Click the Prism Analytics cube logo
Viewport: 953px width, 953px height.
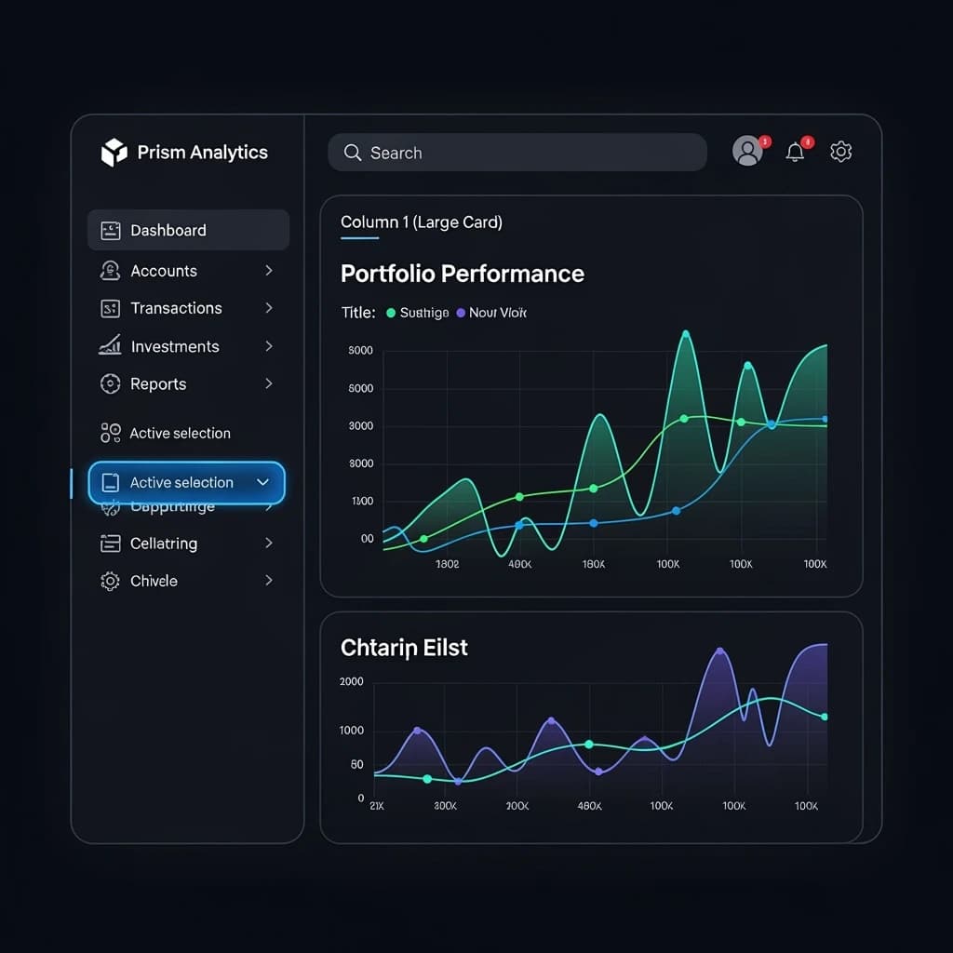click(114, 153)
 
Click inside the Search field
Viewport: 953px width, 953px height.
click(517, 153)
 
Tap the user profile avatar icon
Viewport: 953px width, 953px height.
click(747, 151)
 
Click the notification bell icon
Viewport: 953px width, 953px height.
click(795, 152)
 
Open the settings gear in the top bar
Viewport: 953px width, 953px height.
click(841, 152)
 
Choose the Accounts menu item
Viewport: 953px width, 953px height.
click(164, 271)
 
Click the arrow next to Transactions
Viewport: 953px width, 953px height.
click(268, 308)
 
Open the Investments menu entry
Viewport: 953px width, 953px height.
click(175, 346)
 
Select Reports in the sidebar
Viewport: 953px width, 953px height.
click(158, 384)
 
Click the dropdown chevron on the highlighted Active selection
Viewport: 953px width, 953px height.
click(262, 482)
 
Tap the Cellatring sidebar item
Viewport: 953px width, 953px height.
click(164, 544)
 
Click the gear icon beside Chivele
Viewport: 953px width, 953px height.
click(110, 581)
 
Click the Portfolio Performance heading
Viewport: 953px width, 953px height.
click(463, 274)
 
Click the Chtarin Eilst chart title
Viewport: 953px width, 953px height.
click(404, 648)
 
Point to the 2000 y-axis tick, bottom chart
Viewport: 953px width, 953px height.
click(352, 682)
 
